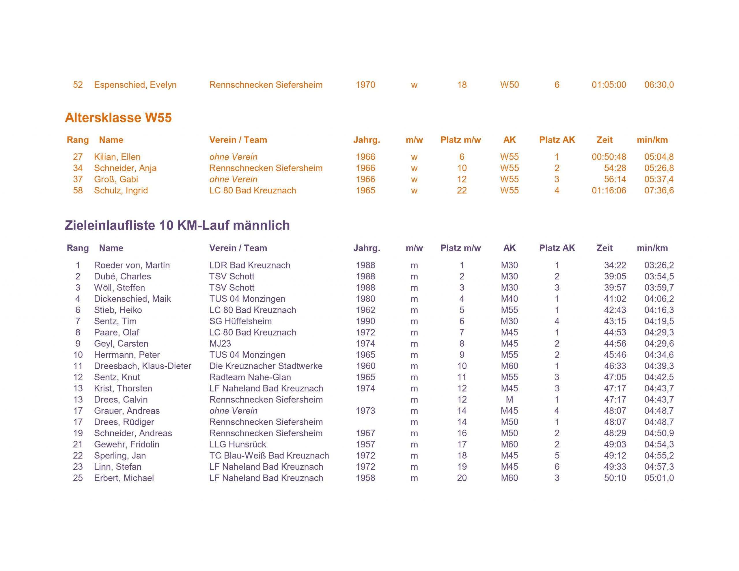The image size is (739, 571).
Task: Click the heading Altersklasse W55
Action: tap(118, 118)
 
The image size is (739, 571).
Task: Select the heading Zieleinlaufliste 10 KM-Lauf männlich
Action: tap(177, 225)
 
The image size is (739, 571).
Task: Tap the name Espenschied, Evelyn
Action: tap(135, 85)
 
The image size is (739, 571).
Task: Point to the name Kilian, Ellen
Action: tap(117, 157)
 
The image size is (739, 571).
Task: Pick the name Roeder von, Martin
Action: tap(132, 265)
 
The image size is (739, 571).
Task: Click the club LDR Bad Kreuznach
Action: tap(249, 265)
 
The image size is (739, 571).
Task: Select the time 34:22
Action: tap(615, 265)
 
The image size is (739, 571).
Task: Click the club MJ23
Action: tap(220, 344)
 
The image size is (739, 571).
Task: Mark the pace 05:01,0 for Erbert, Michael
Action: tap(659, 478)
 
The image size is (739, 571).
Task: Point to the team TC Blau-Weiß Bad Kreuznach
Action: tap(269, 456)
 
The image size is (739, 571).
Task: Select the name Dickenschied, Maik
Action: tap(132, 299)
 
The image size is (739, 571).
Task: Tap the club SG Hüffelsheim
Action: tap(240, 321)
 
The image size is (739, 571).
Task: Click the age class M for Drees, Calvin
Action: tap(509, 400)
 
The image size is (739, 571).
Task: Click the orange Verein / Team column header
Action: tap(238, 140)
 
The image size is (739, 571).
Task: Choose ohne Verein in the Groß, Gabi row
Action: tap(233, 179)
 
